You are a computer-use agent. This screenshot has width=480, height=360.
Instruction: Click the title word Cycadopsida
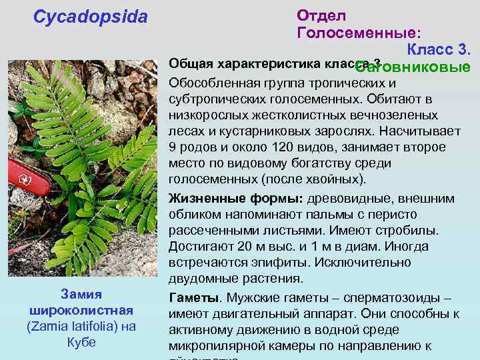tap(91, 17)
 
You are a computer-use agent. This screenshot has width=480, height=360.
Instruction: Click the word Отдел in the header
tap(321, 15)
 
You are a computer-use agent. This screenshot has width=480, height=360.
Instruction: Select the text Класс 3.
tap(439, 50)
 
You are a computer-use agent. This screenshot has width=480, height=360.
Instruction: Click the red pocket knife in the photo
tap(30, 183)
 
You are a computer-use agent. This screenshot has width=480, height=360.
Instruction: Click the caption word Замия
tap(81, 295)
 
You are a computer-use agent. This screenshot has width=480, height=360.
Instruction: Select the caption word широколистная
tap(81, 311)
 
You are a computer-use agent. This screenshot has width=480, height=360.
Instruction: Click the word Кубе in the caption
tap(81, 343)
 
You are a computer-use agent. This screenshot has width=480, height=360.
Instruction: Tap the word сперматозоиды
tap(399, 297)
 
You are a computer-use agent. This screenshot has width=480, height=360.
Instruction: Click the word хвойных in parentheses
tap(339, 179)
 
